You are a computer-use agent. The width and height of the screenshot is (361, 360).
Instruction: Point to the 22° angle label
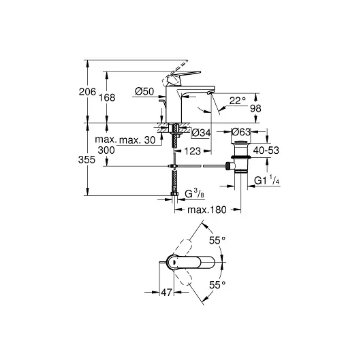[x=236, y=101]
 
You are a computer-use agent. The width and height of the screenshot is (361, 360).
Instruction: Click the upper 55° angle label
[x=217, y=241]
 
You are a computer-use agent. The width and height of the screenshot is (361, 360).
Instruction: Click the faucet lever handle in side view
[x=183, y=75]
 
